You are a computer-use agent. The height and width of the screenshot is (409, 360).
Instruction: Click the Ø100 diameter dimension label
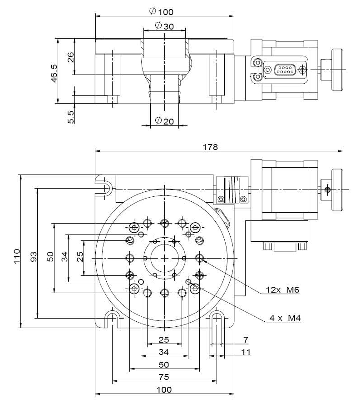164,11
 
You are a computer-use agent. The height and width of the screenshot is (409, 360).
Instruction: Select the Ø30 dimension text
164,26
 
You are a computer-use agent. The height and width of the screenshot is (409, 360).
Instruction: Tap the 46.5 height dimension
54,73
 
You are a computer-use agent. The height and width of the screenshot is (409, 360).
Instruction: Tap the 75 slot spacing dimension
164,377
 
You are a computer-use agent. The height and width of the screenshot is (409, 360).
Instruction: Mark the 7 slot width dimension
246,339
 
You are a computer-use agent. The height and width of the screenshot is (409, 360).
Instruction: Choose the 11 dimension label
246,352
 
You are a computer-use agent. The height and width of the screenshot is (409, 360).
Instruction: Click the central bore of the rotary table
164,258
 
